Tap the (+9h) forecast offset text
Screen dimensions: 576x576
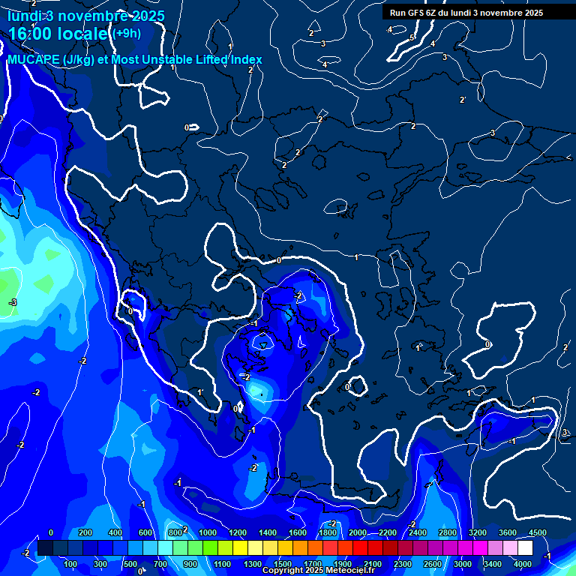126,33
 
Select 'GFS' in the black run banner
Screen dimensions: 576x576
416,13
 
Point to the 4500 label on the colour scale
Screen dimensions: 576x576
537,532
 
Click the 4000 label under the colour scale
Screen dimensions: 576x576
523,564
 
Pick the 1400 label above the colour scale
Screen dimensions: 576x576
268,532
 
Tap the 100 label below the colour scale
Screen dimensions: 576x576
71,564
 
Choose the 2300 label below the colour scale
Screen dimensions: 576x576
403,564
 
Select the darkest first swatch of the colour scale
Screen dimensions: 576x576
45,548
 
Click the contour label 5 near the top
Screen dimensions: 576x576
412,37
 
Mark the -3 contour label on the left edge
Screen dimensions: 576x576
12,302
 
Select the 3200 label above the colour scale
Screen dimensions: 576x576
478,532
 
